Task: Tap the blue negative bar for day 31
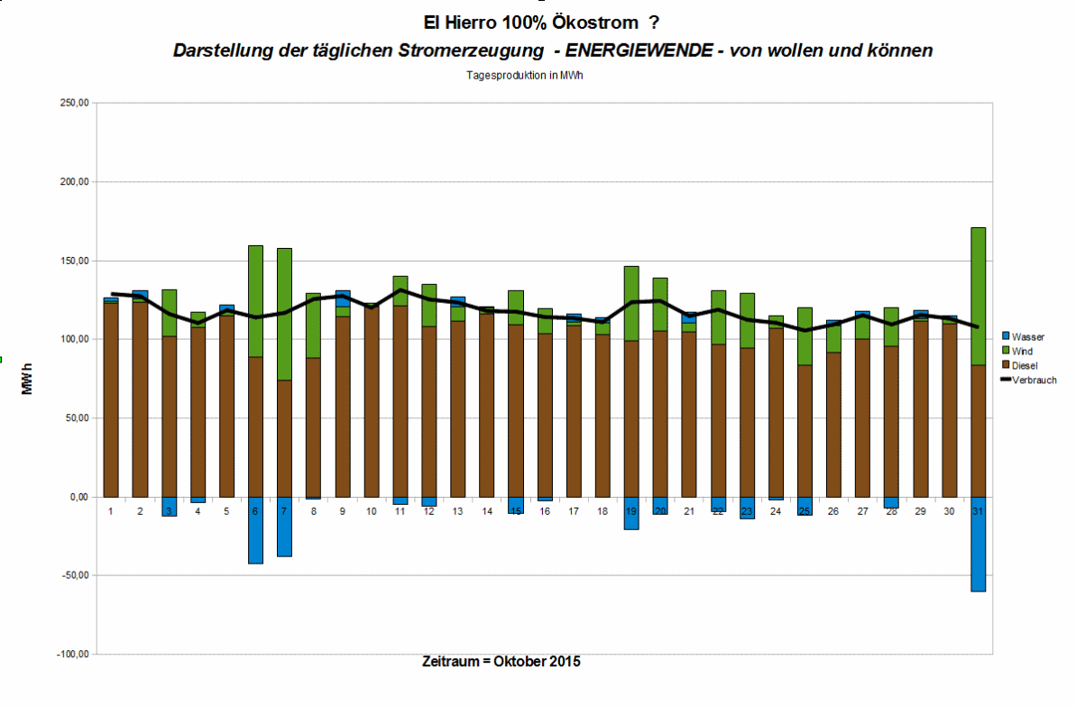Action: pyautogui.click(x=978, y=544)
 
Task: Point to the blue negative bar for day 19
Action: pyautogui.click(x=631, y=513)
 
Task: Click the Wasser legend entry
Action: pyautogui.click(x=1027, y=336)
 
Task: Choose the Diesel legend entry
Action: pyautogui.click(x=1025, y=365)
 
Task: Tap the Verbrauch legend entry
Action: pyautogui.click(x=1033, y=380)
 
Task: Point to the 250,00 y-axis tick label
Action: pyautogui.click(x=74, y=104)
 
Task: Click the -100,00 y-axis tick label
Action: pyautogui.click(x=72, y=655)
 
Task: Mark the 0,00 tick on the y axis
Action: pyautogui.click(x=78, y=497)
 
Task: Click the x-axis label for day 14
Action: pyautogui.click(x=487, y=511)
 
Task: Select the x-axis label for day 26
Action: pyautogui.click(x=833, y=511)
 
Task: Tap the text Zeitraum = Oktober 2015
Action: pyautogui.click(x=501, y=662)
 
